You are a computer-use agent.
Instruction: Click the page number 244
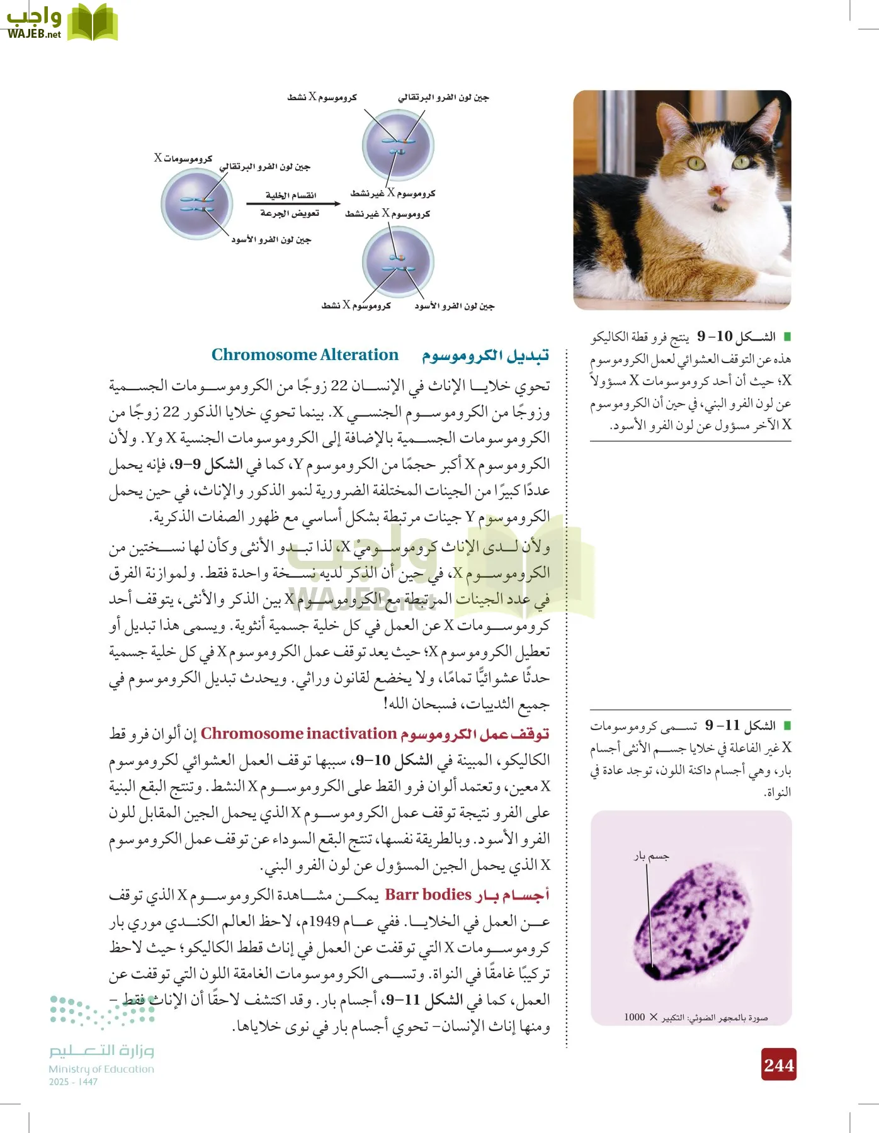point(779,1064)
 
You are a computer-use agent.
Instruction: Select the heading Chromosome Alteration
point(305,355)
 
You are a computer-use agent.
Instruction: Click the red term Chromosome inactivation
point(298,734)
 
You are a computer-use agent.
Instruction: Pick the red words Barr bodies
point(428,894)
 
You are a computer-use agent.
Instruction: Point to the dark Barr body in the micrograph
point(654,972)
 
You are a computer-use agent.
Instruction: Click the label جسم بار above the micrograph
point(651,856)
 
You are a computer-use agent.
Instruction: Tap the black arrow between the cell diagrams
point(293,203)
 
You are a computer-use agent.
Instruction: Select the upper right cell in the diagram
point(398,145)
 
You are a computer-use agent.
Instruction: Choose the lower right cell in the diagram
point(398,262)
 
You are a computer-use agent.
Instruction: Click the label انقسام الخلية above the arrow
point(291,195)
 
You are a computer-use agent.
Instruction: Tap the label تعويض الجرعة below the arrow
point(290,213)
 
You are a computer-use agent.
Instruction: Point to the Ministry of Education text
point(101,1069)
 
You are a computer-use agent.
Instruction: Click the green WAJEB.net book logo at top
point(92,23)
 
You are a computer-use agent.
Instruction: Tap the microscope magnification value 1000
point(635,1017)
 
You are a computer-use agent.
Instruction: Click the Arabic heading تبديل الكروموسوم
point(485,356)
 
